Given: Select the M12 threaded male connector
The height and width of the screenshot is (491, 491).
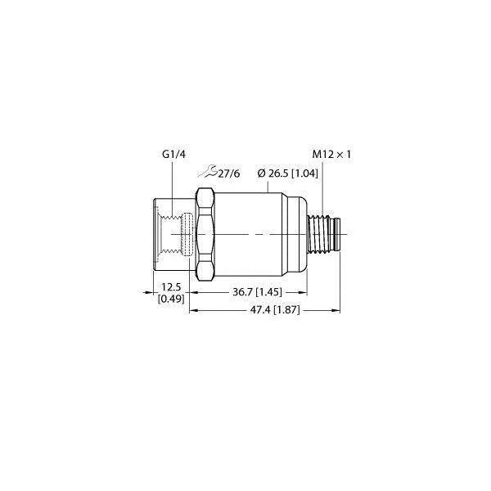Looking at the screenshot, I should pos(327,236).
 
